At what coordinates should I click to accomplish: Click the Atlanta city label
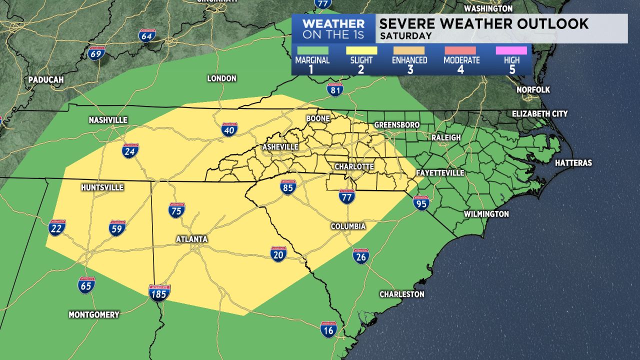tap(191, 239)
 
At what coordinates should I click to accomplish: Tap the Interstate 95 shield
tap(421, 202)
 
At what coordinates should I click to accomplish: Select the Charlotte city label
tap(354, 166)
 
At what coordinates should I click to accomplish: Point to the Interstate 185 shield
tap(159, 292)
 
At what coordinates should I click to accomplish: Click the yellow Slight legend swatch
tap(361, 50)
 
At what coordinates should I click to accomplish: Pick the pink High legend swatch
tap(511, 50)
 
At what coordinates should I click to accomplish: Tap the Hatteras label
tap(573, 163)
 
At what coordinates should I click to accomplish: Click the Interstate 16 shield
tap(328, 328)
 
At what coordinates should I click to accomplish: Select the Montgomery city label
tap(94, 314)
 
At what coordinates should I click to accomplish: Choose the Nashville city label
tap(108, 120)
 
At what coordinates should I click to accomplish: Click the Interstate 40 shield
tap(229, 129)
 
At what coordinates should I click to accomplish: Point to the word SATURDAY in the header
tap(405, 36)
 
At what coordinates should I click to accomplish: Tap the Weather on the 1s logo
tap(333, 29)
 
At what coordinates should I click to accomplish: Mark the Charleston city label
tap(402, 294)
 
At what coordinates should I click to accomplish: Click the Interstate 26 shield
tap(361, 256)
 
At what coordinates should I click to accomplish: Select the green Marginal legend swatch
tap(312, 50)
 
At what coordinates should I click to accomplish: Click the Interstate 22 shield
tap(57, 227)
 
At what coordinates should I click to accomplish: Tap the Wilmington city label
tap(486, 214)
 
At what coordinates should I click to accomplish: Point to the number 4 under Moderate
tap(460, 69)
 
